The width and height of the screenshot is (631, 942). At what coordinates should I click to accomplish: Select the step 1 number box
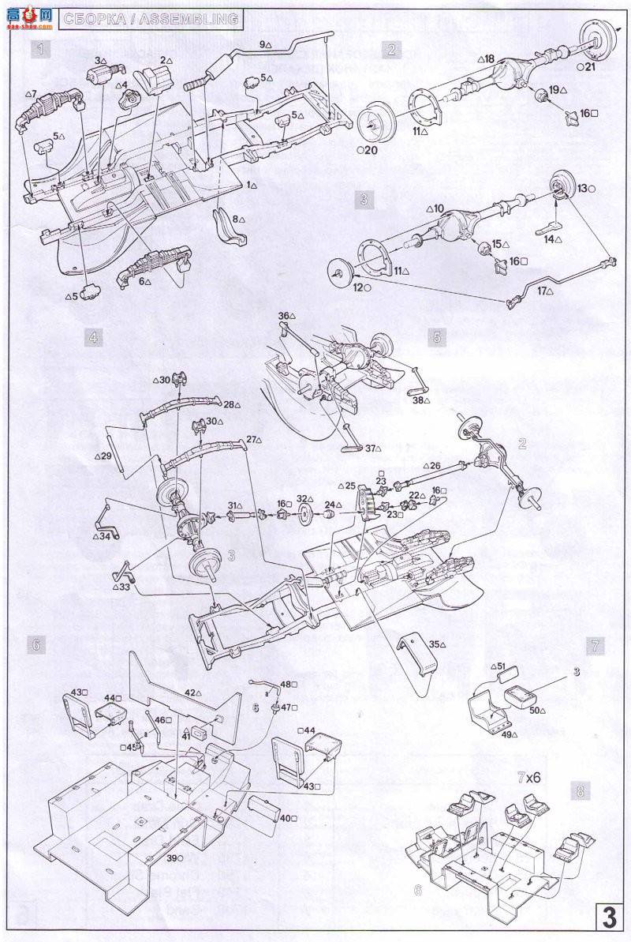(41, 51)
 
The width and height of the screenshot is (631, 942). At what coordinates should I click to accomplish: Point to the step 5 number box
(439, 336)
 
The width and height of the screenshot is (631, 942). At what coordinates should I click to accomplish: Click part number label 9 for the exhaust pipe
(264, 45)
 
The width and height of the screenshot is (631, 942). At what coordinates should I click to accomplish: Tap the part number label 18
(486, 58)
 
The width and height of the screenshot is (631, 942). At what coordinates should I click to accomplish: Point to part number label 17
(544, 291)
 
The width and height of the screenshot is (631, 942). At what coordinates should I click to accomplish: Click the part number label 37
(368, 448)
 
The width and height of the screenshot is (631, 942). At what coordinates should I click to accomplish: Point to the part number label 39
(171, 858)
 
